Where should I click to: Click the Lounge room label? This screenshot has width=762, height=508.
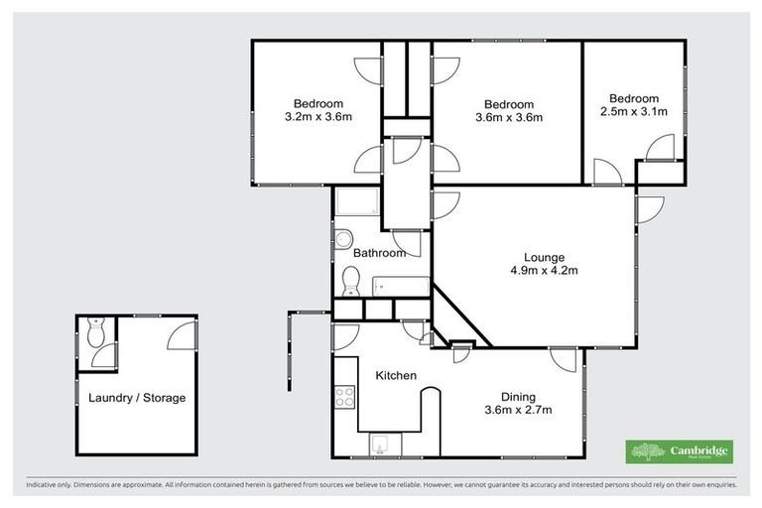[x=530, y=255]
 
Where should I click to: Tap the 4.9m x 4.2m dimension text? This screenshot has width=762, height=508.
[x=530, y=270]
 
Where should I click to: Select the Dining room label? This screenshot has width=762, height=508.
[x=518, y=395]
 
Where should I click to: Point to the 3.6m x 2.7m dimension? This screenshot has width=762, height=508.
[x=518, y=410]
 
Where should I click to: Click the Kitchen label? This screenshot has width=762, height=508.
[x=395, y=376]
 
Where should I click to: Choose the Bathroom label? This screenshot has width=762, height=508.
[x=381, y=253]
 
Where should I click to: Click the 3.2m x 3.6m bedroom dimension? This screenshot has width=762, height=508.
[x=318, y=117]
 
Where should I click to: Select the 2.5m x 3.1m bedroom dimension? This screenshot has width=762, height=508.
[x=634, y=112]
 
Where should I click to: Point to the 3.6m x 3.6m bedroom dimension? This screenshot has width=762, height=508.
[x=509, y=118]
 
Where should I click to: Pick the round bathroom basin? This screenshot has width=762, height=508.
[x=342, y=238]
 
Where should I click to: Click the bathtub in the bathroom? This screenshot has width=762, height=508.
[x=401, y=287]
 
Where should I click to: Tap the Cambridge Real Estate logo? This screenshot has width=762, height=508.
[x=679, y=451]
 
